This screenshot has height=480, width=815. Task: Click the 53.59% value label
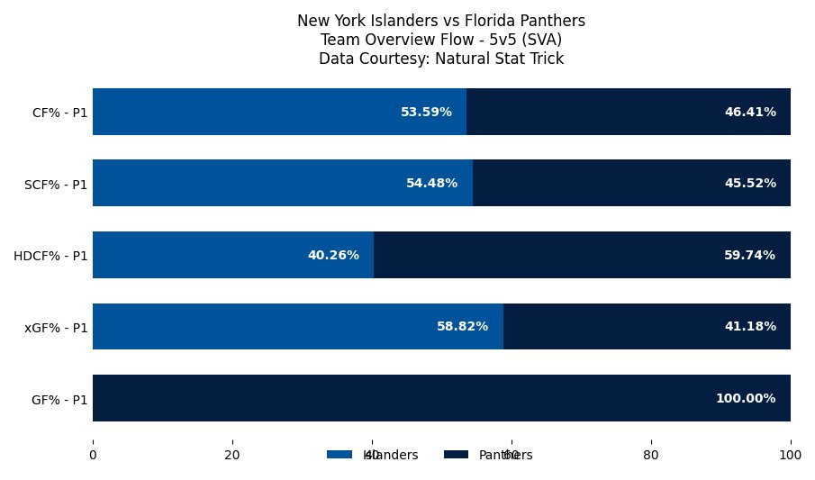click(426, 112)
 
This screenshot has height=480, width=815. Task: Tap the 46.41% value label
click(750, 112)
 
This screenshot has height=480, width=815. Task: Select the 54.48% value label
click(431, 183)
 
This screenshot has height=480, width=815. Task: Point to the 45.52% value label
click(750, 183)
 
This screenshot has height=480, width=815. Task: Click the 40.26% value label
click(333, 255)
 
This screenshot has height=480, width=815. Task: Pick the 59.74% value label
click(749, 255)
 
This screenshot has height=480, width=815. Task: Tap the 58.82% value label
click(462, 326)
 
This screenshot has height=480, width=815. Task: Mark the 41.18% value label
click(750, 326)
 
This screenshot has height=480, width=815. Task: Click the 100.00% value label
click(746, 398)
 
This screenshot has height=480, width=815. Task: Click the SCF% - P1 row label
click(56, 184)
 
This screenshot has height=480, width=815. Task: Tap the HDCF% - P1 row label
click(50, 256)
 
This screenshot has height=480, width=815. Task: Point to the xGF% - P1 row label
click(56, 327)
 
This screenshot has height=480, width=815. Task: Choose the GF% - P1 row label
click(59, 399)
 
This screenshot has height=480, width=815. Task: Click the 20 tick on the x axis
click(232, 456)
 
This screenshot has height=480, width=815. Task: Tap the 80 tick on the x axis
click(651, 456)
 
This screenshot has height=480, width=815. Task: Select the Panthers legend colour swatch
click(457, 455)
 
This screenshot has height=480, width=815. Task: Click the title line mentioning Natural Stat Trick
click(441, 59)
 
